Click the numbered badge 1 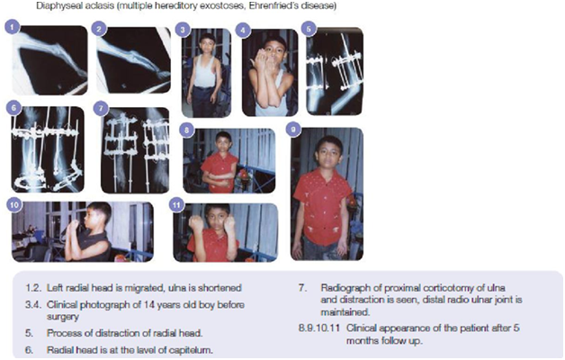coord(13,27)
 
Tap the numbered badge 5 coord(309,29)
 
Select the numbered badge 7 coord(101,109)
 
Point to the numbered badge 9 coord(294,130)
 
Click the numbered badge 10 coord(14,204)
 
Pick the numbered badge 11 coord(176,204)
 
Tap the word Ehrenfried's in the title coord(274,5)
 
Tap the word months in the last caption coord(362,340)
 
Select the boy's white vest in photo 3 coord(204,71)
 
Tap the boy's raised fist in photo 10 coord(74,225)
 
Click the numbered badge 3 coord(183,30)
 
